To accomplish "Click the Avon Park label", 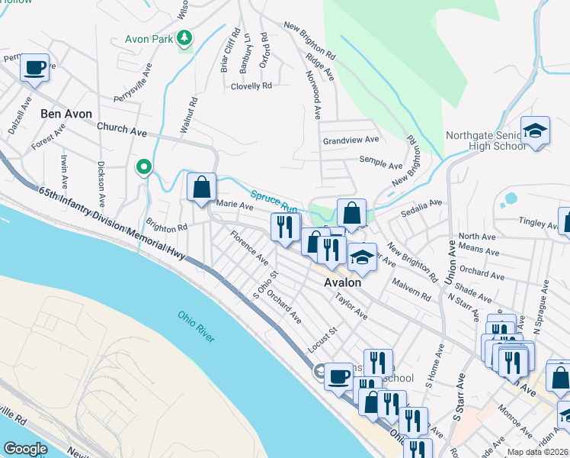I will click(x=149, y=37).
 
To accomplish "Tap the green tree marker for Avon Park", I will click(x=184, y=37).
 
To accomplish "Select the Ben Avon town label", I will click(x=66, y=114).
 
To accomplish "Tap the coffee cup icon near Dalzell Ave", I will click(x=34, y=67).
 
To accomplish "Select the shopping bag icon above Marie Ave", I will click(x=201, y=187).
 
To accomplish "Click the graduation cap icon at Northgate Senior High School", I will click(x=535, y=131).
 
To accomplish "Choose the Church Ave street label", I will click(x=126, y=131).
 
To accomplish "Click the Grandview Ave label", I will click(x=351, y=140).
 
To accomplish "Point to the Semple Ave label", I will click(x=381, y=165).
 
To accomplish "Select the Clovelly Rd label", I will click(x=251, y=86).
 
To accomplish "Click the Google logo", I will click(x=25, y=449).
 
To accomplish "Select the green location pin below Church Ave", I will click(x=143, y=166).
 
